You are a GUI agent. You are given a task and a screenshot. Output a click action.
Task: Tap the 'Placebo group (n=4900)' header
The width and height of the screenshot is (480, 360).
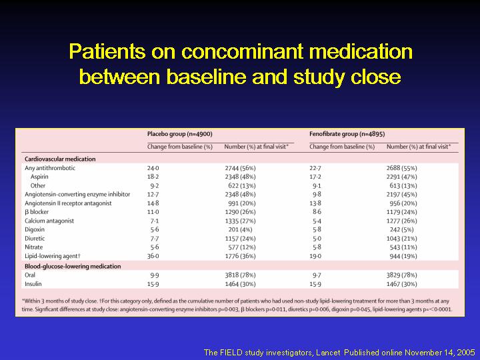click(x=180, y=134)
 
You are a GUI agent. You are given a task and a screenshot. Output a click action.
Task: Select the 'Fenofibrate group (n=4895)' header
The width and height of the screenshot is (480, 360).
click(x=347, y=134)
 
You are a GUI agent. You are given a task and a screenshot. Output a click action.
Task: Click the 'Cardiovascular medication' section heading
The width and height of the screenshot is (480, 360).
click(x=60, y=159)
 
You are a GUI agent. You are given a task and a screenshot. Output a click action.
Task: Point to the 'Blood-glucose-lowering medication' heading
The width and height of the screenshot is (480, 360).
click(x=73, y=266)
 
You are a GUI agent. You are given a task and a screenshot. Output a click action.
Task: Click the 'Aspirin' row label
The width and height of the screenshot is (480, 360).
click(x=39, y=177)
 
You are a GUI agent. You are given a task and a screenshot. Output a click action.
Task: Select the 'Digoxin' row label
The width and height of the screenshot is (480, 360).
click(x=35, y=229)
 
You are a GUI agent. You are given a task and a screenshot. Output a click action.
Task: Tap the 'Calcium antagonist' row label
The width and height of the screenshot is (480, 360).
click(x=49, y=221)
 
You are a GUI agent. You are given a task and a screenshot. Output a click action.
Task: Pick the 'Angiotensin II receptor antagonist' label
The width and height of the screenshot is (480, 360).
click(x=68, y=203)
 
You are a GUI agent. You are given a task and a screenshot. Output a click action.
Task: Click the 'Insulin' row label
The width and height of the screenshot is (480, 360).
click(x=33, y=284)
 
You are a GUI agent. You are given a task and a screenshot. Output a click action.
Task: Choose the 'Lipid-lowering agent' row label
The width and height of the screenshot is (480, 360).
click(x=53, y=256)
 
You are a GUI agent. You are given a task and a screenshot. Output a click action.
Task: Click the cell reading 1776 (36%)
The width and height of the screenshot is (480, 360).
click(x=240, y=256)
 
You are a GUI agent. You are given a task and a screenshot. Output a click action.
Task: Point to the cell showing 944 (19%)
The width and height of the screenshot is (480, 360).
click(x=403, y=256)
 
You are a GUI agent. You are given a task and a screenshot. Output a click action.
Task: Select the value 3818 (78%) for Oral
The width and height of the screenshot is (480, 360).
click(x=240, y=275)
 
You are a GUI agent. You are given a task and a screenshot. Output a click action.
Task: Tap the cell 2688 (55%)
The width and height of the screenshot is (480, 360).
click(x=402, y=168)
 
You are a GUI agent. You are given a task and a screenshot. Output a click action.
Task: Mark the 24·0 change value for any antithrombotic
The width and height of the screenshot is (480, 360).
click(x=153, y=168)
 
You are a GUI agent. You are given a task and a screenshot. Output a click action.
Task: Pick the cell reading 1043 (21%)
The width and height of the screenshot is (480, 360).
click(x=402, y=239)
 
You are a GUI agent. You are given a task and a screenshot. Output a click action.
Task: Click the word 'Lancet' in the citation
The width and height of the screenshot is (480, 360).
click(x=328, y=353)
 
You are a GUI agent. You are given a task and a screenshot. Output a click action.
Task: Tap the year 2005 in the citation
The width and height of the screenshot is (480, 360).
click(x=465, y=353)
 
